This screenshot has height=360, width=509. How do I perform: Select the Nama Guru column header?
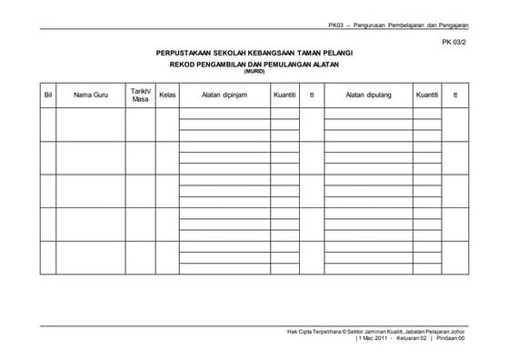click(91, 95)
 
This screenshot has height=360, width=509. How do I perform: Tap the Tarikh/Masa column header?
click(140, 95)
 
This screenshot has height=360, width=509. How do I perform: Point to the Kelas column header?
click(167, 95)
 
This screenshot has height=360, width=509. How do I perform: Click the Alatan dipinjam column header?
click(224, 95)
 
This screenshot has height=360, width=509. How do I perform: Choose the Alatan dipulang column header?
click(366, 95)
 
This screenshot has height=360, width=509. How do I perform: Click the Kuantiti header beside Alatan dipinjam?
click(284, 95)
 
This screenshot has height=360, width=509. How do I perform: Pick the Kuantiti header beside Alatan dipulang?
click(425, 95)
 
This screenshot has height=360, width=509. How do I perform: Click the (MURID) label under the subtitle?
click(254, 73)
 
